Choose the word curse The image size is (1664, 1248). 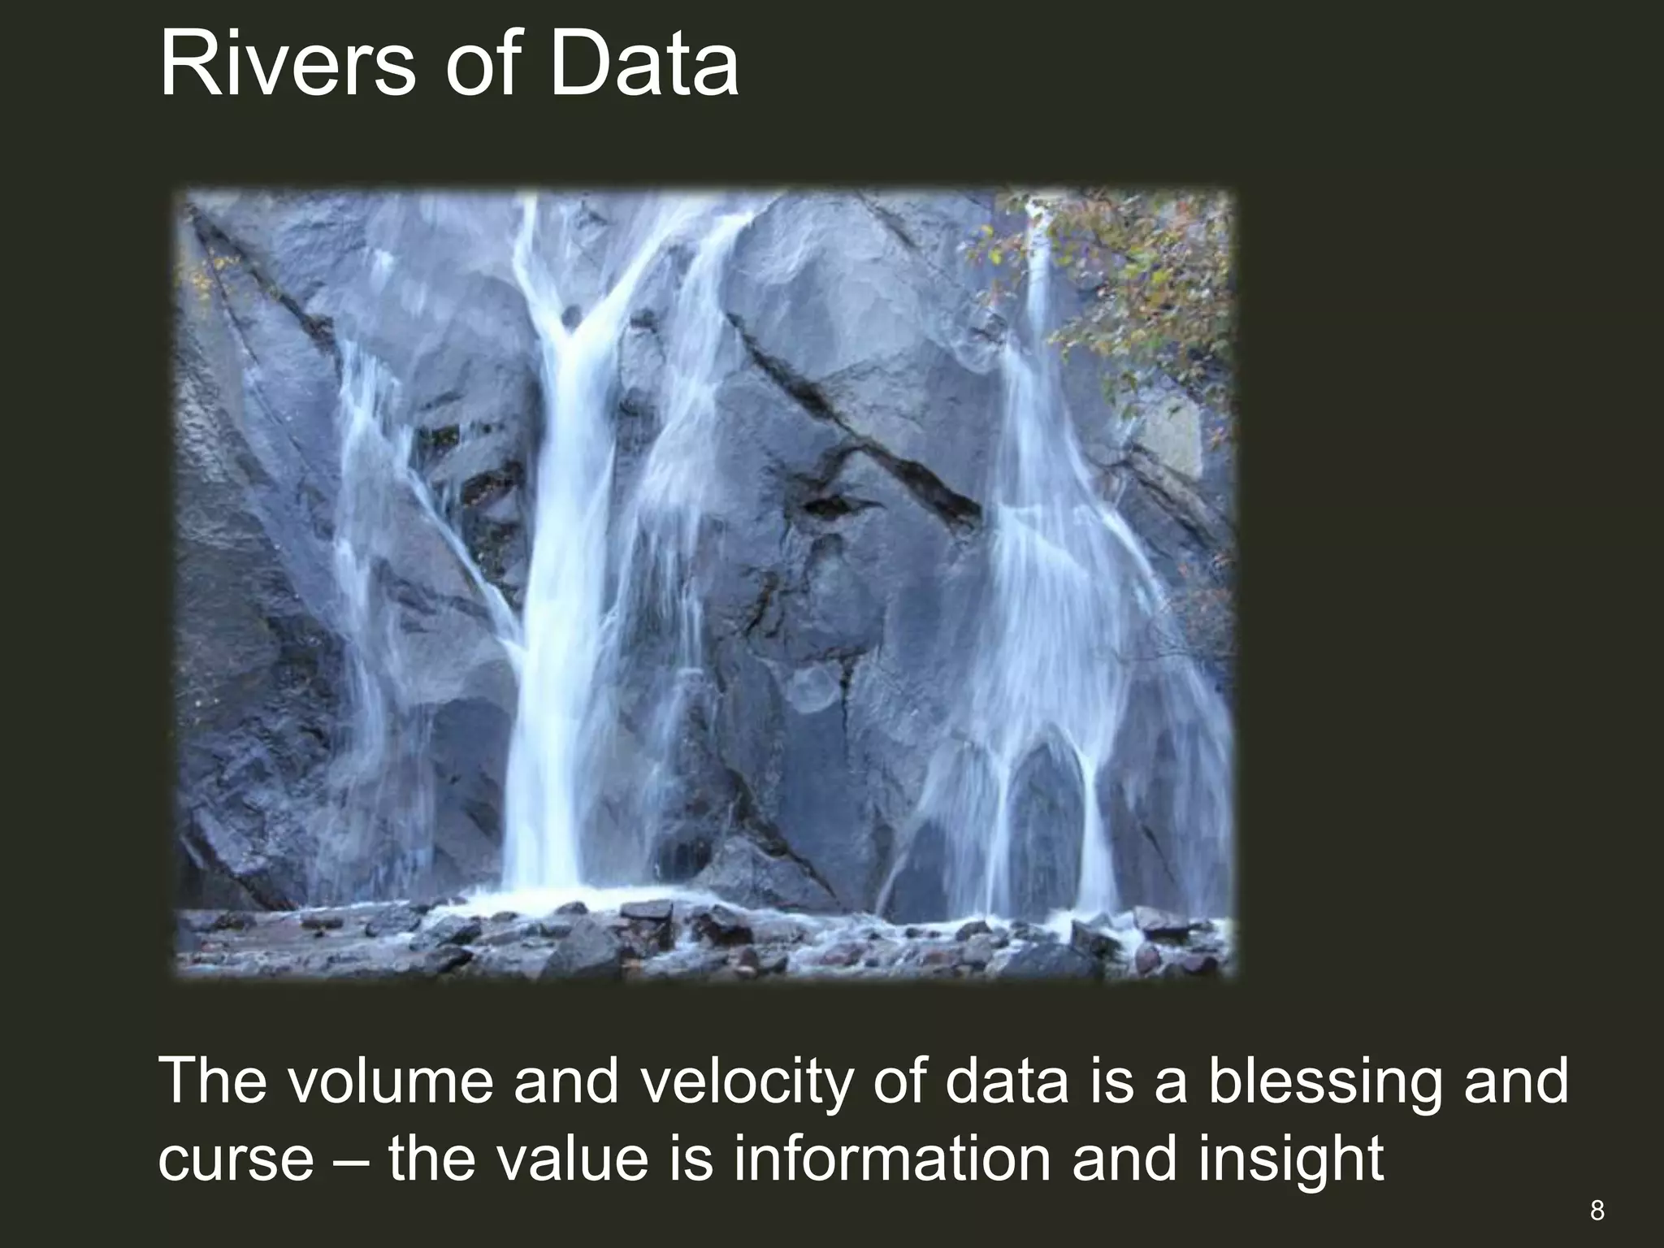(x=235, y=1159)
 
